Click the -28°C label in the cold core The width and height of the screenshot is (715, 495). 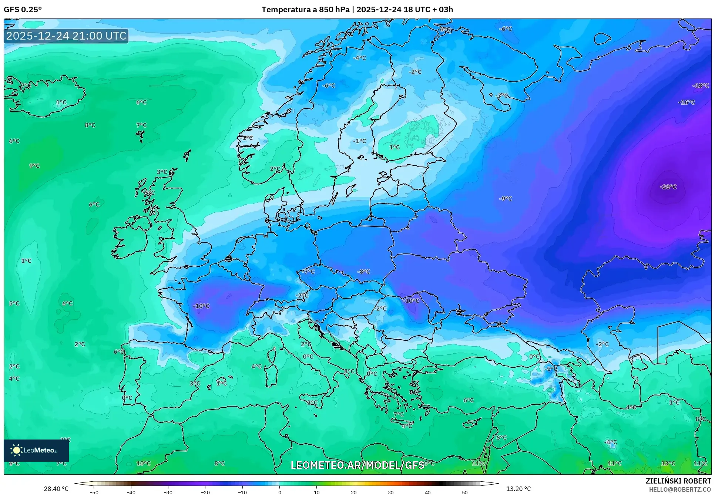pyautogui.click(x=668, y=187)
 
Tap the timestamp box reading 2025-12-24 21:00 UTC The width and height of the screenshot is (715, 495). pyautogui.click(x=66, y=36)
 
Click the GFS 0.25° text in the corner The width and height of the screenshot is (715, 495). pyautogui.click(x=23, y=10)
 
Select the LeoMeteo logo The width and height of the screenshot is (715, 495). pyautogui.click(x=36, y=450)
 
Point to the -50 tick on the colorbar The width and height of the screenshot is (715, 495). pyautogui.click(x=94, y=492)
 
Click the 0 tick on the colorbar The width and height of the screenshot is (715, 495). pyautogui.click(x=279, y=492)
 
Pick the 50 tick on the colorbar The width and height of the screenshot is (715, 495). pyautogui.click(x=465, y=492)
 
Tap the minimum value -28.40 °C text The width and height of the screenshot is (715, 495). pyautogui.click(x=55, y=489)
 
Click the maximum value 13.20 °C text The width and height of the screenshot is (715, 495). pyautogui.click(x=518, y=489)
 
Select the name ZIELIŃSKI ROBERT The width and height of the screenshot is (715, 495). pyautogui.click(x=678, y=481)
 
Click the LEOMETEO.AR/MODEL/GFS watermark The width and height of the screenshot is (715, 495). pyautogui.click(x=357, y=465)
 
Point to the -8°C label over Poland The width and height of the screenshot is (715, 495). pyautogui.click(x=363, y=272)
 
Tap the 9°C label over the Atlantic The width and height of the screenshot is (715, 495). pyautogui.click(x=34, y=166)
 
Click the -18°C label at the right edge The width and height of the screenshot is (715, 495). pyautogui.click(x=701, y=85)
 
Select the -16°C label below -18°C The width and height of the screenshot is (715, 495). pyautogui.click(x=687, y=102)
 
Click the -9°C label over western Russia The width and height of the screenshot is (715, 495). pyautogui.click(x=506, y=199)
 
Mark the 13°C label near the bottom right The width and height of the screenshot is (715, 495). pyautogui.click(x=668, y=463)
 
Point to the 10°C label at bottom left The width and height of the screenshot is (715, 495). pyautogui.click(x=143, y=463)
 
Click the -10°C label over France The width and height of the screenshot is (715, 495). pyautogui.click(x=201, y=306)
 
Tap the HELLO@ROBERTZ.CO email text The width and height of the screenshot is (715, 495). pyautogui.click(x=680, y=489)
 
